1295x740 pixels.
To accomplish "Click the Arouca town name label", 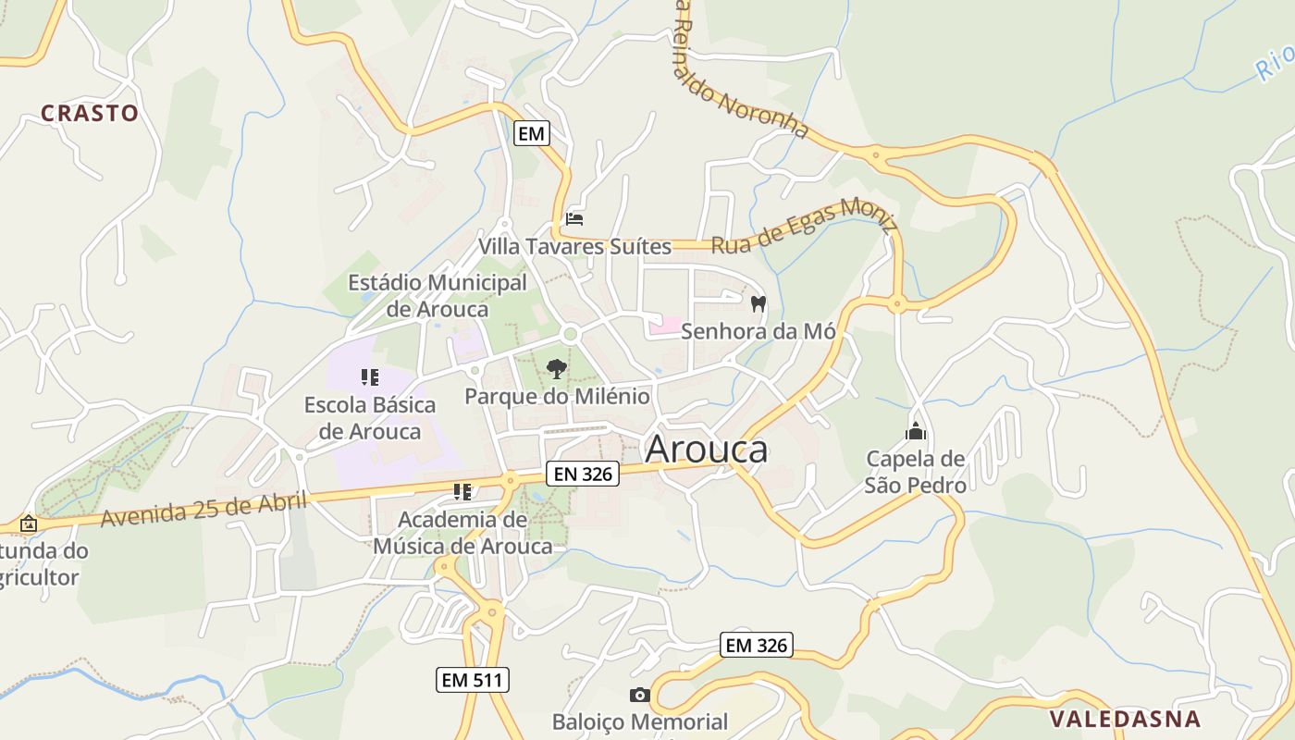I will coord(706,449).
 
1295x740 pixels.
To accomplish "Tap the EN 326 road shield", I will coord(581,474).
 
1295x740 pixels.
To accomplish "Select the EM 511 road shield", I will coord(472,680).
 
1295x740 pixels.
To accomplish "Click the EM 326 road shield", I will coord(757,645).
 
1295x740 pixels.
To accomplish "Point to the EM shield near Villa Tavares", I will coord(531,133).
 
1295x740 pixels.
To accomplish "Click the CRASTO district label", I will coord(90,113).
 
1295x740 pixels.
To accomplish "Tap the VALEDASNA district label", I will coord(1125,719).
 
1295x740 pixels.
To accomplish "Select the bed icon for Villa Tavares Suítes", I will coord(574,219).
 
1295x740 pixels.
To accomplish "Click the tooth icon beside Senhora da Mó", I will coord(758,303).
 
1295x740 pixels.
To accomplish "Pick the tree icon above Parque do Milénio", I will coord(556,369).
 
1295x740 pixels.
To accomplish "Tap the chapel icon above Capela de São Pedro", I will coord(916,431).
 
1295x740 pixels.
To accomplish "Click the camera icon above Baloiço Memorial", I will coord(639,695).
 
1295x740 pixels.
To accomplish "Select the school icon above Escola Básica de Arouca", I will coord(370,377).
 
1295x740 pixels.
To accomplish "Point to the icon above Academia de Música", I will coord(462,492).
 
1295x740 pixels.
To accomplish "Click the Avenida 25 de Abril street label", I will coord(203,510).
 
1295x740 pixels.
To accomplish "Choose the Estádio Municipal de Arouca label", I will coord(438,295).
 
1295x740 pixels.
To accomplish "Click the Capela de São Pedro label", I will coord(916,472).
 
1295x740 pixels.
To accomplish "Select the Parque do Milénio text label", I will coord(557,397).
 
